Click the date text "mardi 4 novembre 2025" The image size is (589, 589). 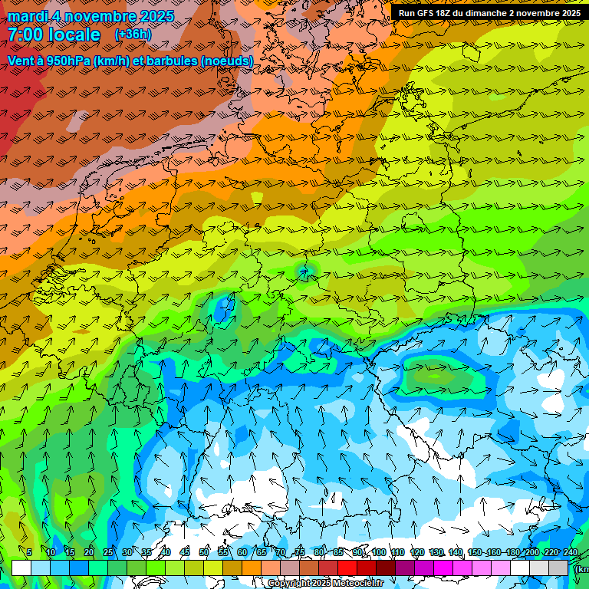pos(90,16)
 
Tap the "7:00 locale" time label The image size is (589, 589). pos(54,35)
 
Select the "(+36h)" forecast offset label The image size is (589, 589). pos(133,35)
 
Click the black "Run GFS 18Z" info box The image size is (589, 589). pos(489,13)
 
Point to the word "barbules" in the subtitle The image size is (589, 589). pos(168,61)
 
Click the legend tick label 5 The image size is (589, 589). pos(29,553)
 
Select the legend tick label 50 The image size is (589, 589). pos(204,553)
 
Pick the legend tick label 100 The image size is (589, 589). pos(378,553)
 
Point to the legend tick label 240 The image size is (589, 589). pos(571,553)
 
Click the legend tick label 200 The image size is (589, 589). pos(531,553)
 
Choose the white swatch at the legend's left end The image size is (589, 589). pos(21,568)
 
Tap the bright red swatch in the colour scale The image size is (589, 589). pos(347,568)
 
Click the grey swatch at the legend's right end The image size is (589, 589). pos(558,568)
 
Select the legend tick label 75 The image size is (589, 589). pos(300,553)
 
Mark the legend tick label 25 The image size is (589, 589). pos(108,553)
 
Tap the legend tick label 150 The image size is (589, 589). pos(474,553)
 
